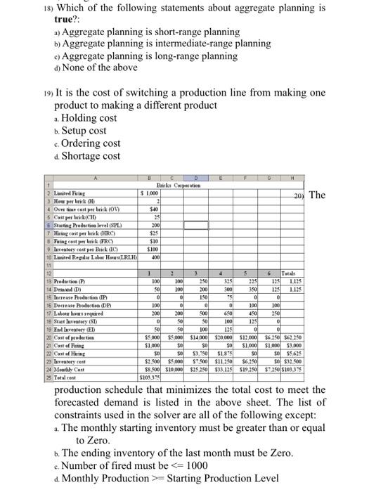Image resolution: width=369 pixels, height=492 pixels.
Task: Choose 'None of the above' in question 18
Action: [x=97, y=67]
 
